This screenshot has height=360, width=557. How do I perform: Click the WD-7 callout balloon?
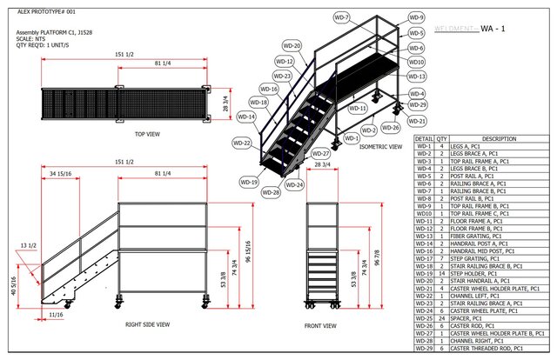(x=341, y=17)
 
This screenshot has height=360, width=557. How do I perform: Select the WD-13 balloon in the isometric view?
(x=417, y=77)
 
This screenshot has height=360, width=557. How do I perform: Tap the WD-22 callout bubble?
(x=241, y=142)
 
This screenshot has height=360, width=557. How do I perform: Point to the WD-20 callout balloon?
(x=292, y=46)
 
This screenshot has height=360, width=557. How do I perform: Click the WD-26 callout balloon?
(x=391, y=128)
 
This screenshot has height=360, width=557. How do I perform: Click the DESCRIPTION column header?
(x=499, y=138)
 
